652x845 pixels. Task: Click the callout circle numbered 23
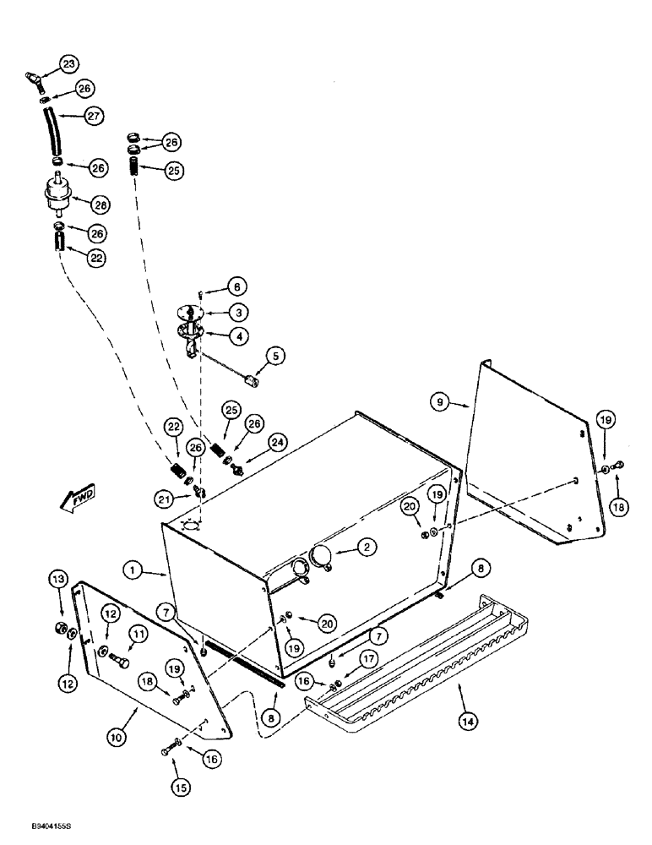pyautogui.click(x=68, y=63)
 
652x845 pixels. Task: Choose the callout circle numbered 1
pyautogui.click(x=133, y=570)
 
